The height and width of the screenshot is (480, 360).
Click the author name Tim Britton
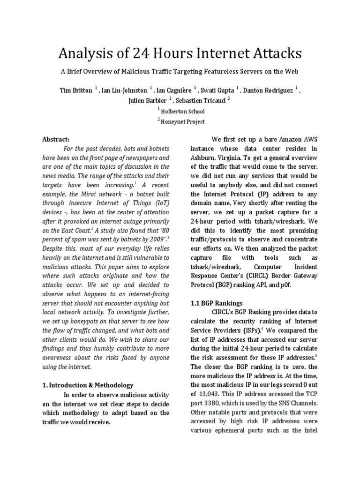tap(75, 90)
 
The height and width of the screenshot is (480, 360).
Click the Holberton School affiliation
tap(183, 111)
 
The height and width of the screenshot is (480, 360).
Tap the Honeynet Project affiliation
tap(183, 121)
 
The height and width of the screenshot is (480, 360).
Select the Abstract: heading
tap(56, 139)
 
